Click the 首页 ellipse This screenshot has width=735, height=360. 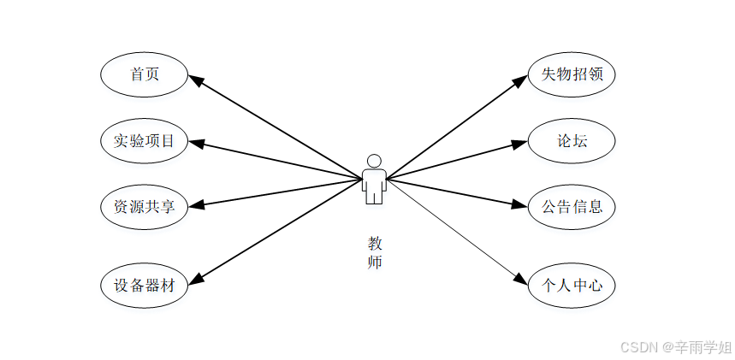[x=144, y=74]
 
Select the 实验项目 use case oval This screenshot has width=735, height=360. [x=144, y=140]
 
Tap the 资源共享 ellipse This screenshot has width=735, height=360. [x=144, y=206]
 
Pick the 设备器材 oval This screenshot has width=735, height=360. [x=144, y=285]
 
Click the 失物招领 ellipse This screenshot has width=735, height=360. [x=572, y=74]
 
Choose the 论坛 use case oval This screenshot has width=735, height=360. [x=572, y=140]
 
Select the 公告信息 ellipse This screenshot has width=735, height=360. [x=572, y=206]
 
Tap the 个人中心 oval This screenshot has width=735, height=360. [x=572, y=285]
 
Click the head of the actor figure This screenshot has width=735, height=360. [x=374, y=161]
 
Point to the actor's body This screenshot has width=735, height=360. [x=374, y=185]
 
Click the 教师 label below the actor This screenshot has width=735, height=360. [x=375, y=253]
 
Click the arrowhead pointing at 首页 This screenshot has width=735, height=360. [x=196, y=80]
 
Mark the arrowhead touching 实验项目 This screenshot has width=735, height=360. [x=195, y=143]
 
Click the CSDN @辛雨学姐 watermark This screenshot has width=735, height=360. [x=675, y=346]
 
